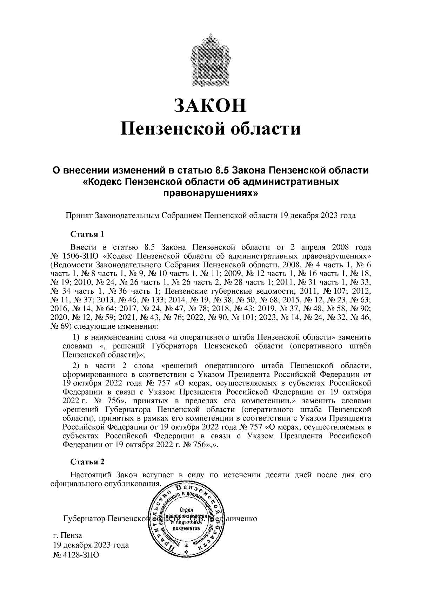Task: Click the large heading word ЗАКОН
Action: (210, 105)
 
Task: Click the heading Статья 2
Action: (87, 462)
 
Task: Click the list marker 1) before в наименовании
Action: (76, 337)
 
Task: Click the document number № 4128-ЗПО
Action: (76, 555)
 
